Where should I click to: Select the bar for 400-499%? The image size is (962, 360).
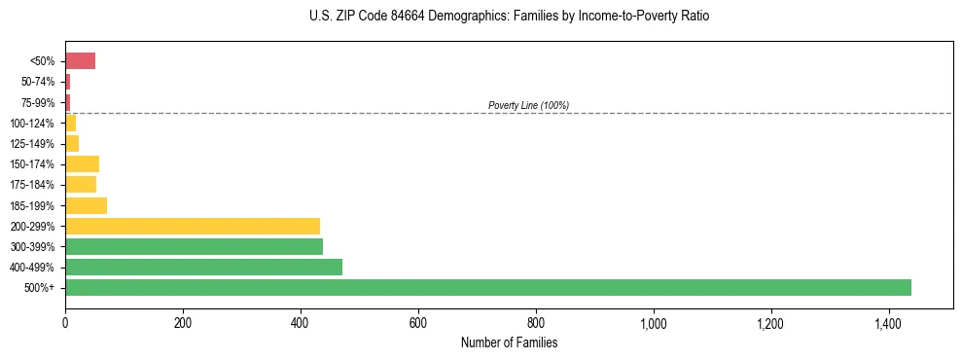point(203,267)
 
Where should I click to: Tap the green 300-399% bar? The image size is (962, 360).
point(194,246)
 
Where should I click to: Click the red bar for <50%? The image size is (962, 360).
point(80,61)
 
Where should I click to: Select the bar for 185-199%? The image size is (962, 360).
point(86,205)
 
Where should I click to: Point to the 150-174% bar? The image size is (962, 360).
point(82,163)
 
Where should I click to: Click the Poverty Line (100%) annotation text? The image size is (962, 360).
point(528,105)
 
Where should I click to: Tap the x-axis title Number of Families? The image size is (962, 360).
point(509,342)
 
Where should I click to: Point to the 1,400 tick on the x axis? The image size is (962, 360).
point(888,322)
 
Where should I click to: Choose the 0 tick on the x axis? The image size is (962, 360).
point(65,322)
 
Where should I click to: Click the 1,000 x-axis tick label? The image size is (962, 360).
point(653,322)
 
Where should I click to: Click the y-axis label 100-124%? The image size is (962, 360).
point(32,124)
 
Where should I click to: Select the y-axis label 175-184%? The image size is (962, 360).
point(32,185)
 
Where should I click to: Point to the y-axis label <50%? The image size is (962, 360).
point(43,62)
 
